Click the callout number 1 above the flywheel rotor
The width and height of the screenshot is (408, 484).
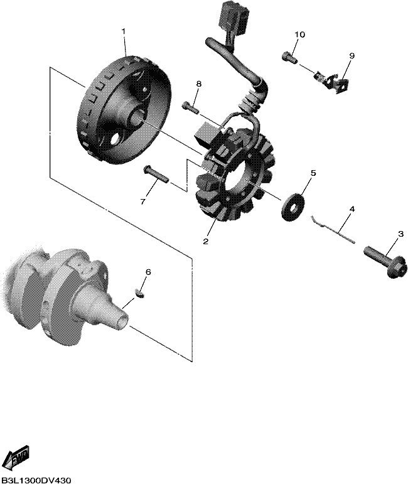click(124, 32)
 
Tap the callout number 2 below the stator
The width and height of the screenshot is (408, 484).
click(205, 241)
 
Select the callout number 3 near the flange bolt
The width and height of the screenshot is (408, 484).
click(400, 234)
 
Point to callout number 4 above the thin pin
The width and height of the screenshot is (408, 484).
click(352, 209)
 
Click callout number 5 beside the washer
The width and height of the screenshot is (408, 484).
click(313, 173)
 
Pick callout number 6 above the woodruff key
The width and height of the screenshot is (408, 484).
click(148, 272)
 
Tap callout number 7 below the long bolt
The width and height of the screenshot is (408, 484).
click(142, 202)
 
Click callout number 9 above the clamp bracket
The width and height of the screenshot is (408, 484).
click(352, 56)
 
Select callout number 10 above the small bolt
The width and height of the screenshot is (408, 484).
click(299, 35)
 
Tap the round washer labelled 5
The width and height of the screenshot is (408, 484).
click(292, 206)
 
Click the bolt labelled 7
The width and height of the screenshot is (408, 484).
click(156, 174)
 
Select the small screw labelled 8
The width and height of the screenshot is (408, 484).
click(191, 107)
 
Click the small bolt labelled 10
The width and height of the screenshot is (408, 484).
click(290, 58)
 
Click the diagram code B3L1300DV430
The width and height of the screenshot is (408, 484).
click(36, 480)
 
